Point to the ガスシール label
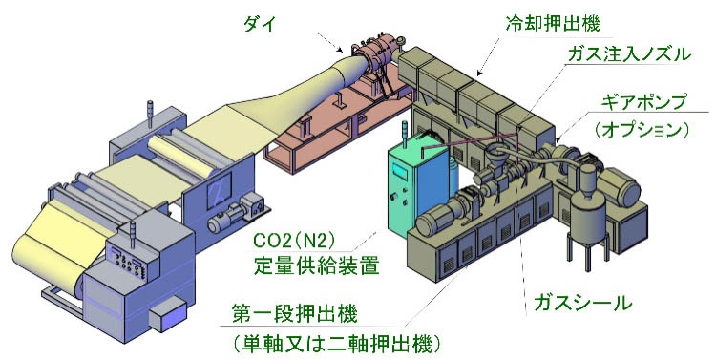579,304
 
